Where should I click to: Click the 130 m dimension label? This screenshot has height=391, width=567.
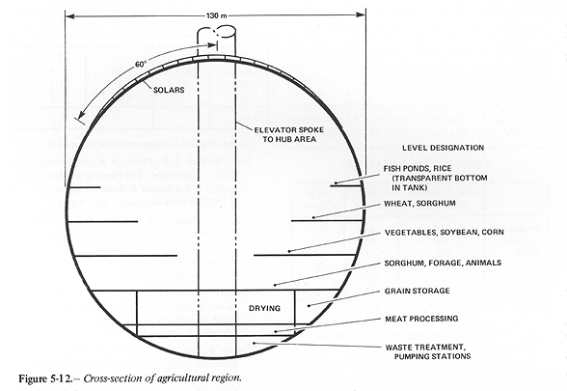pyautogui.click(x=217, y=15)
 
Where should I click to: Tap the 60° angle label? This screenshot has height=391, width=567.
pyautogui.click(x=141, y=64)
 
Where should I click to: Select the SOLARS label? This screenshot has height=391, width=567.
pyautogui.click(x=169, y=90)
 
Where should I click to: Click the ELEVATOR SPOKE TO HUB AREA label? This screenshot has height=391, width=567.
pyautogui.click(x=289, y=134)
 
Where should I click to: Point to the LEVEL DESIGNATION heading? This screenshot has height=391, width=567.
pyautogui.click(x=443, y=148)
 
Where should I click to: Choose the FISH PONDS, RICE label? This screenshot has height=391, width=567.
pyautogui.click(x=418, y=169)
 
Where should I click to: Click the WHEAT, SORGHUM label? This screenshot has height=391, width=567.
pyautogui.click(x=419, y=204)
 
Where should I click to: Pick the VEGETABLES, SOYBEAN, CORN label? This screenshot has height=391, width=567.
pyautogui.click(x=444, y=232)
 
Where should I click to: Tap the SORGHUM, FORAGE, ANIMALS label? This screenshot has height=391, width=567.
pyautogui.click(x=443, y=263)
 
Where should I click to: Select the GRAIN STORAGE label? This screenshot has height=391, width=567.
pyautogui.click(x=417, y=292)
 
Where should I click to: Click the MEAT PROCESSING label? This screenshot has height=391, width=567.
pyautogui.click(x=421, y=319)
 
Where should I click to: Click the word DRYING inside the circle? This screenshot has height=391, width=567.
pyautogui.click(x=264, y=308)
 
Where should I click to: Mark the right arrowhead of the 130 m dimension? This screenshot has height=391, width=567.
pyautogui.click(x=362, y=15)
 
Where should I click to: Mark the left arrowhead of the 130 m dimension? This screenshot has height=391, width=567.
pyautogui.click(x=70, y=15)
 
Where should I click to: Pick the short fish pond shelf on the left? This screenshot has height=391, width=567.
pyautogui.click(x=84, y=187)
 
